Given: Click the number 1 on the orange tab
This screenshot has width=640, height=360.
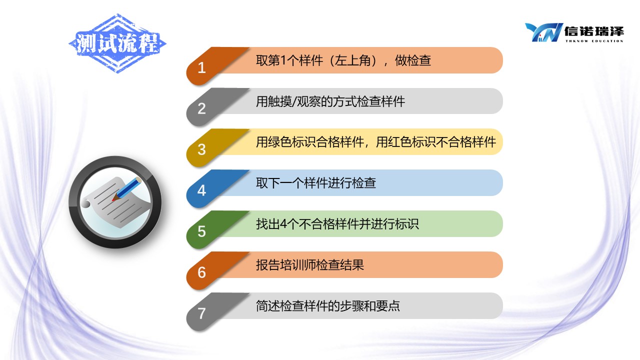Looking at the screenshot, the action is tap(201, 68).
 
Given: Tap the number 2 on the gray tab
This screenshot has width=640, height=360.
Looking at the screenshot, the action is tap(201, 108).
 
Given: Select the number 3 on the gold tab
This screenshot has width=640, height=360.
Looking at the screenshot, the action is tap(201, 149).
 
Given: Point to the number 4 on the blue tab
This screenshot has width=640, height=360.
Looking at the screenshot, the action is tap(201, 190).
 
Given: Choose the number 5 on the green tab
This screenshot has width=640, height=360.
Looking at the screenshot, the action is tap(201, 231).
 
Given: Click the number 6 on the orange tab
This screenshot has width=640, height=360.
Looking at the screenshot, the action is tap(201, 272).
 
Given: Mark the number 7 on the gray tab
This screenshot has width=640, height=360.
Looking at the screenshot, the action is tap(201, 313).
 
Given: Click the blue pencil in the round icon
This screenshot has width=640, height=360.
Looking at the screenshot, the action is tap(127, 189).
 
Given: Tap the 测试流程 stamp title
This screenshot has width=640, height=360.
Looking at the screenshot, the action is tap(117, 43).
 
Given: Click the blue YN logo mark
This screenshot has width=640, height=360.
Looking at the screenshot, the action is tap(543, 32).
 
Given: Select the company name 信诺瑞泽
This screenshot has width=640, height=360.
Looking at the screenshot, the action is tap(594, 31).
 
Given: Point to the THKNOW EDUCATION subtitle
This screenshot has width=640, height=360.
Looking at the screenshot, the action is tap(594, 41).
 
